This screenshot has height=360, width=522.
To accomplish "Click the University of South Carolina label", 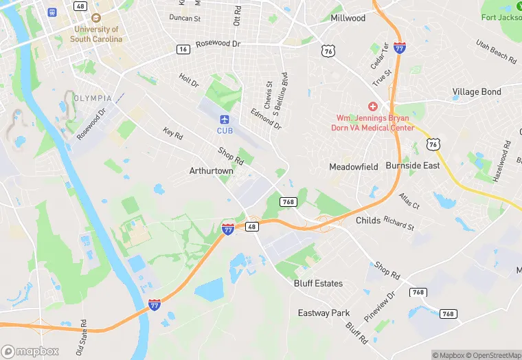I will coord(96,34).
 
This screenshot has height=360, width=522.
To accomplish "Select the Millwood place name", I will coord(348,18).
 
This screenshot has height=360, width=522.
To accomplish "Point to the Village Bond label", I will coord(477,91).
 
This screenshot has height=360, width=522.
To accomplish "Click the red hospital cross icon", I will coord(373,106).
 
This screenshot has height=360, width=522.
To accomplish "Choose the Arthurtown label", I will coord(212,170).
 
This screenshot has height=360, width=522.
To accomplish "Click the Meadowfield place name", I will coord(354,166).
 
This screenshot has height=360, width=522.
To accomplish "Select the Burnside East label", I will coord(412,166).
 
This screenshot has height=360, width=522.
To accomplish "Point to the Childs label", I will coord(368,221).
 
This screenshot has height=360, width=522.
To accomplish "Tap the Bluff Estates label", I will coord(318,283).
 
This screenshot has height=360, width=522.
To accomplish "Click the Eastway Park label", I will coord(324,313).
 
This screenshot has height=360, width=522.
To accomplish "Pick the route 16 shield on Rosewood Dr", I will coord(183,49).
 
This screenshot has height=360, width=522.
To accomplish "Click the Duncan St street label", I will coord(185,17).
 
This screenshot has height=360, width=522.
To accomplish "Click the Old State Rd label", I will coord(82,337).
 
